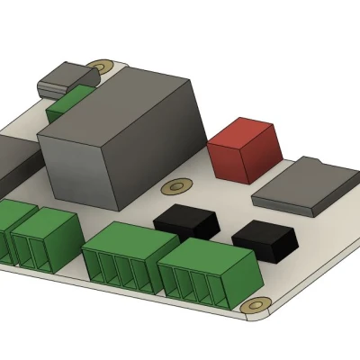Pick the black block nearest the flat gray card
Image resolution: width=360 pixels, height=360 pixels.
pyautogui.click(x=265, y=238)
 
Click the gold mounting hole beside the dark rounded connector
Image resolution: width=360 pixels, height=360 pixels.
pyautogui.click(x=102, y=67)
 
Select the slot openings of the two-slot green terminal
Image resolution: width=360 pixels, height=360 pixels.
pyautogui.click(x=36, y=252)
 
